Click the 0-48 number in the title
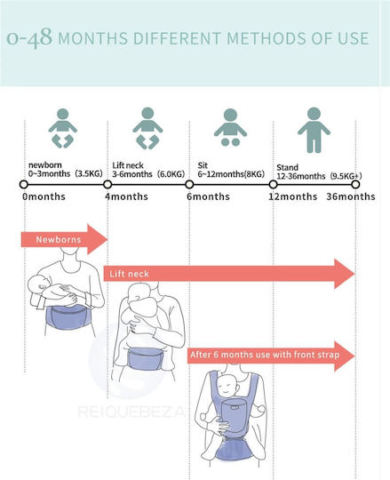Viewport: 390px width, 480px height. (29, 37)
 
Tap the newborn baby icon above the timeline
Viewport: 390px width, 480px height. (63, 128)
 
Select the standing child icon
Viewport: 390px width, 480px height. (314, 130)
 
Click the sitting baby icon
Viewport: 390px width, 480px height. (230, 127)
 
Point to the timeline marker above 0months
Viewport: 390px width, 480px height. (24, 185)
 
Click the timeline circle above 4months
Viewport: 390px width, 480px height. (107, 185)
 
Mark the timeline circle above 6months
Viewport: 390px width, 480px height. (189, 185)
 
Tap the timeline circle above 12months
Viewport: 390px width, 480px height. (273, 185)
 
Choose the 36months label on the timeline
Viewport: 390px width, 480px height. (351, 196)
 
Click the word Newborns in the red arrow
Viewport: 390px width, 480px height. (59, 239)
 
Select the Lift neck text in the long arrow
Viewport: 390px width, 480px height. (129, 274)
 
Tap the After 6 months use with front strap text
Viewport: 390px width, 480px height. (265, 355)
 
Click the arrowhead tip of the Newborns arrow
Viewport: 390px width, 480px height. (108, 239)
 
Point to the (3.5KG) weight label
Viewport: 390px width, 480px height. (89, 173)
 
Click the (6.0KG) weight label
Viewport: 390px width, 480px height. (171, 174)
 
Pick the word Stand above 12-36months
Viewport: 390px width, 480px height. (287, 167)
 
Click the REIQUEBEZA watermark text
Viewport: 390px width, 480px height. (131, 412)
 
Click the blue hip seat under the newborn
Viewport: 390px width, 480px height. (67, 316)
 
